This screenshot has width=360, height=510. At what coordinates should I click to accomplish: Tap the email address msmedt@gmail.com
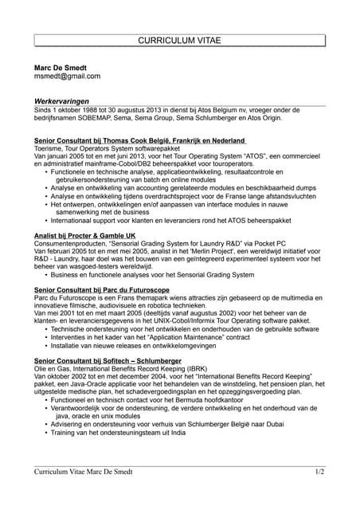pyautogui.click(x=67, y=76)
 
